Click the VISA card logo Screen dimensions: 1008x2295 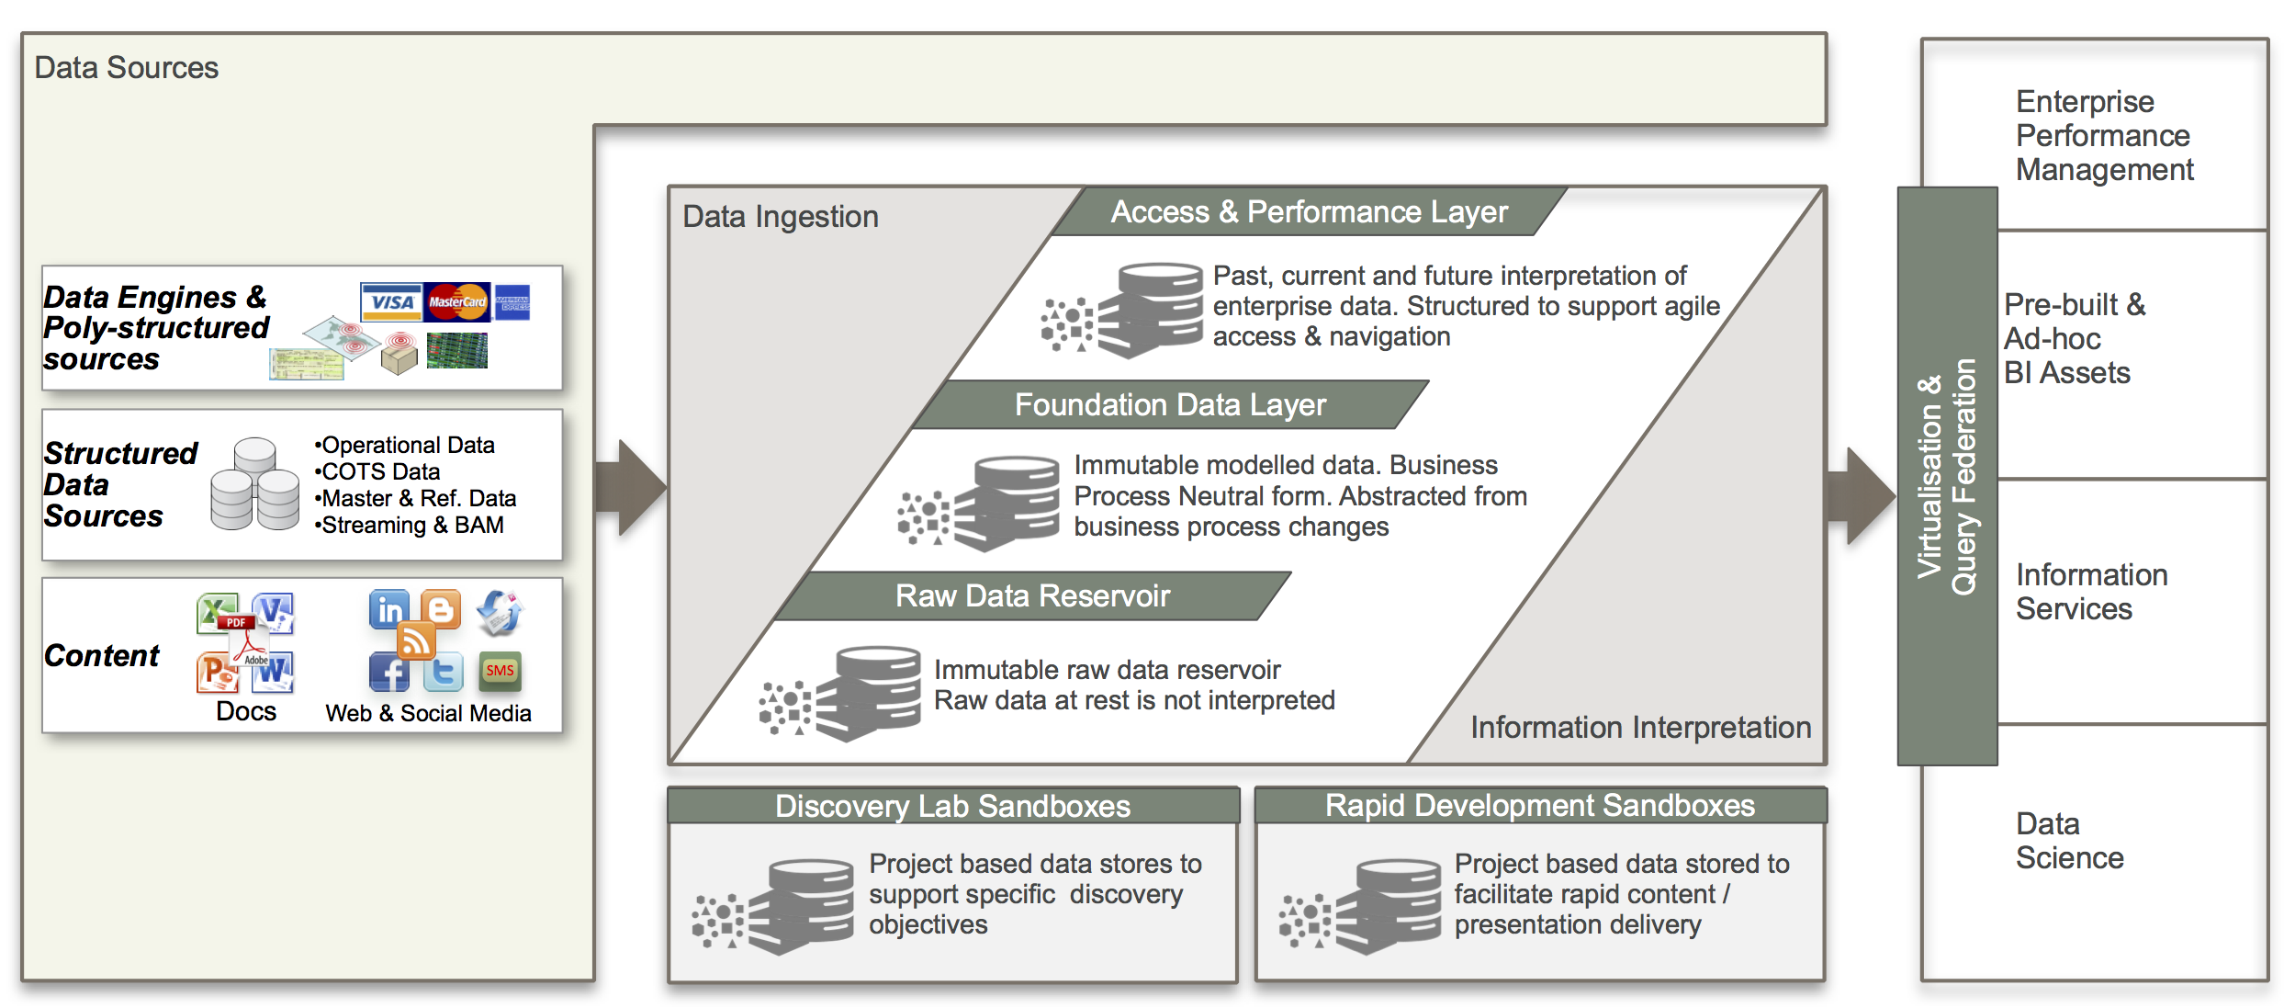tap(391, 301)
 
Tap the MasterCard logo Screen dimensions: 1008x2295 tap(457, 301)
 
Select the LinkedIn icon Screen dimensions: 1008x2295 tap(389, 609)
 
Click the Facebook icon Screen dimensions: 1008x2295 tap(389, 673)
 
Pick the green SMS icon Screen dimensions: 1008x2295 tap(500, 671)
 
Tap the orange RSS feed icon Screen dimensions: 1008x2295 tap(416, 640)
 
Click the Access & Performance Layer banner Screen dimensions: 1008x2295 tap(1309, 212)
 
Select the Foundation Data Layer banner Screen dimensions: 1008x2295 tap(1170, 405)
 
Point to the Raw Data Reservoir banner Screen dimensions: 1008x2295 tap(1032, 596)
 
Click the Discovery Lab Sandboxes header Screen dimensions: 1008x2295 tap(952, 806)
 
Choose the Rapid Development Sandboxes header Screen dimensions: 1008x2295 tap(1539, 806)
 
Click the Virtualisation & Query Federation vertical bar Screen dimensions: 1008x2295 tap(1947, 476)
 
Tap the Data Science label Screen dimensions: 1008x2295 tap(2069, 841)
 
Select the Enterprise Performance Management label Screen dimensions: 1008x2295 tap(2103, 136)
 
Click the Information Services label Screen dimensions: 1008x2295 tap(2091, 592)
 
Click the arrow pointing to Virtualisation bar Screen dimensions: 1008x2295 tap(1862, 496)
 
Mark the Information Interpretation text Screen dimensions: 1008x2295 tap(1640, 728)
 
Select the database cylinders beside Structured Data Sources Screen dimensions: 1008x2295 tap(254, 484)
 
